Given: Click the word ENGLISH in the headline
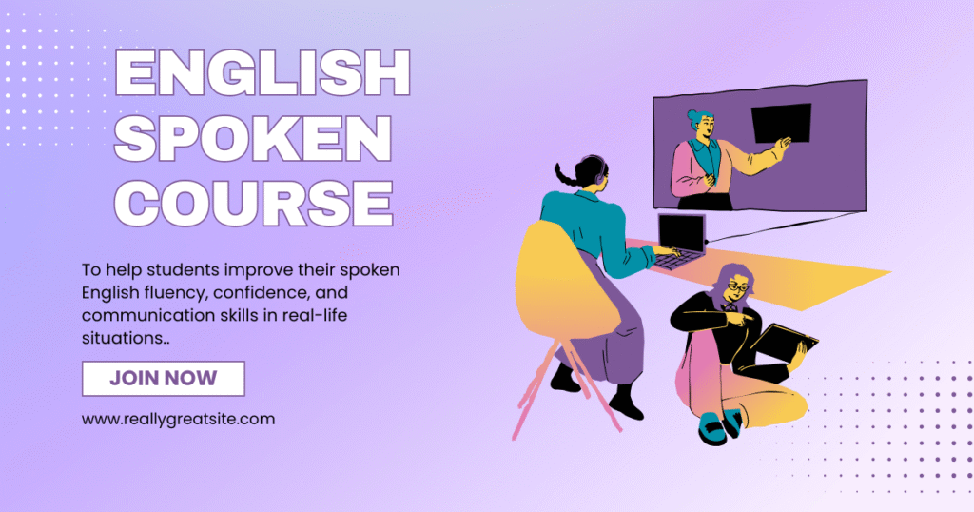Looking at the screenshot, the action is coord(263,72).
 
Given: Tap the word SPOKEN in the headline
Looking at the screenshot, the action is coord(253,138).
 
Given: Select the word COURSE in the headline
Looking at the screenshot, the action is coord(253,204).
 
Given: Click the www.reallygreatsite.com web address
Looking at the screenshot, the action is coord(178,419).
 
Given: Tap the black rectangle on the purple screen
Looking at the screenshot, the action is coord(782,123).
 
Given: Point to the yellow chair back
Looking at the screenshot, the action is coord(562,281).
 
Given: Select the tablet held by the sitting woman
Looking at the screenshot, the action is coord(784,343).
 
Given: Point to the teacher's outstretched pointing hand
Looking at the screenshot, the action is coord(784,146).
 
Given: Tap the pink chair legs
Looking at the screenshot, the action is coord(563,385).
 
